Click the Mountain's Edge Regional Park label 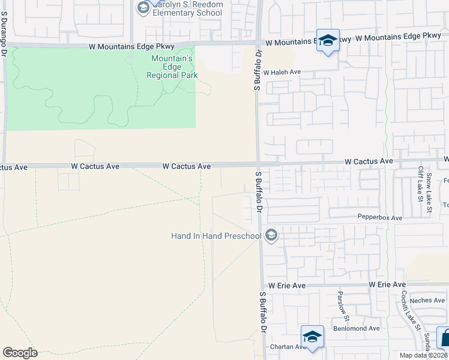(x=172, y=67)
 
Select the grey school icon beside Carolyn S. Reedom (x=143, y=7)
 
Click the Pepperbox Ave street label (x=379, y=217)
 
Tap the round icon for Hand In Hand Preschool (x=271, y=235)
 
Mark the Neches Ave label (x=428, y=300)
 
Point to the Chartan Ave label (x=288, y=347)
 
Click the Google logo (x=20, y=353)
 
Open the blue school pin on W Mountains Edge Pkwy (x=328, y=41)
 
